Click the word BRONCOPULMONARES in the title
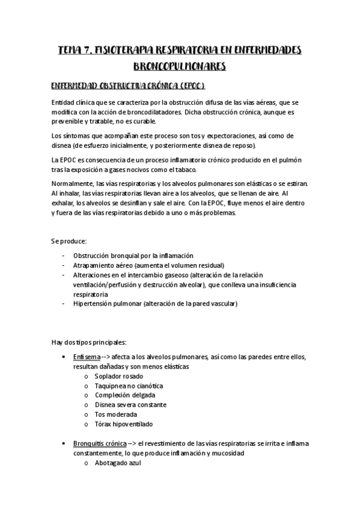pyautogui.click(x=179, y=65)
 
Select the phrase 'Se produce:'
pyautogui.click(x=69, y=241)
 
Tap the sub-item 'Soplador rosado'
pyautogui.click(x=120, y=376)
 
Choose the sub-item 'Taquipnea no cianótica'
pyautogui.click(x=129, y=386)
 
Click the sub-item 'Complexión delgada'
pyautogui.click(x=124, y=395)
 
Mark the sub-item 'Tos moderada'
pyautogui.click(x=115, y=414)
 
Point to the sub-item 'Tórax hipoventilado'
pyautogui.click(x=123, y=424)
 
